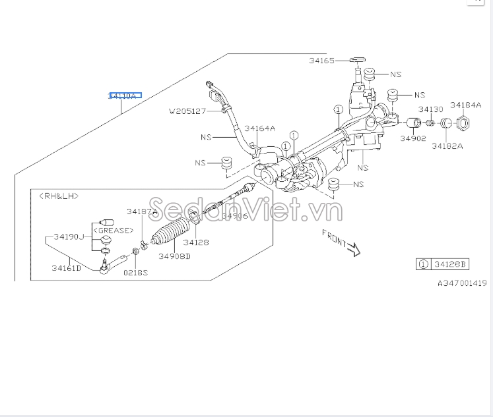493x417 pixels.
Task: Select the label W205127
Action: coord(187,111)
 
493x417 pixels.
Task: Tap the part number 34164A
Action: coord(259,128)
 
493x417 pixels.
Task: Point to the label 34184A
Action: coord(466,105)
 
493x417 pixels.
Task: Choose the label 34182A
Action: coord(447,146)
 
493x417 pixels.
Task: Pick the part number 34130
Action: coord(430,109)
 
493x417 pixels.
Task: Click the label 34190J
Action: coord(69,236)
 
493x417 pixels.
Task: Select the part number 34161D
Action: coord(67,267)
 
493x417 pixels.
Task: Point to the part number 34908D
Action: coord(174,256)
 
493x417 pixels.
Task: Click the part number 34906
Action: coord(234,216)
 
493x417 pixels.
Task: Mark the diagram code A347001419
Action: coord(461,283)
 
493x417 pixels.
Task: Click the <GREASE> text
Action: coord(113,231)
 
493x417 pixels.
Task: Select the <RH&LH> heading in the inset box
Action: coord(59,196)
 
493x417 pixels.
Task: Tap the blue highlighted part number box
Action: coord(125,96)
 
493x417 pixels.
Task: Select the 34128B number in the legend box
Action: coord(450,264)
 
